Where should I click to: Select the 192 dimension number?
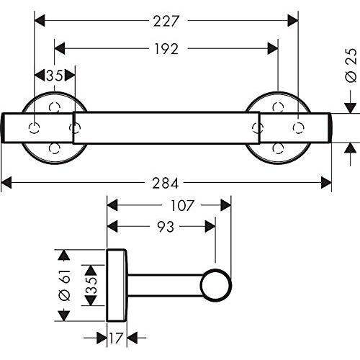[x=166, y=48]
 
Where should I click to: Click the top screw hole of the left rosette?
[x=54, y=107]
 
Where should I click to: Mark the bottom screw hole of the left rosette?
[x=54, y=148]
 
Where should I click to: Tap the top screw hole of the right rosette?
[x=279, y=107]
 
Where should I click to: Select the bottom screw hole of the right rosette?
[x=279, y=148]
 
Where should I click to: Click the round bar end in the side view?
[x=215, y=285]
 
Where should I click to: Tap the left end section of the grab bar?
[x=36, y=127]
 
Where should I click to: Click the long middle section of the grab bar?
[x=166, y=127]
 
